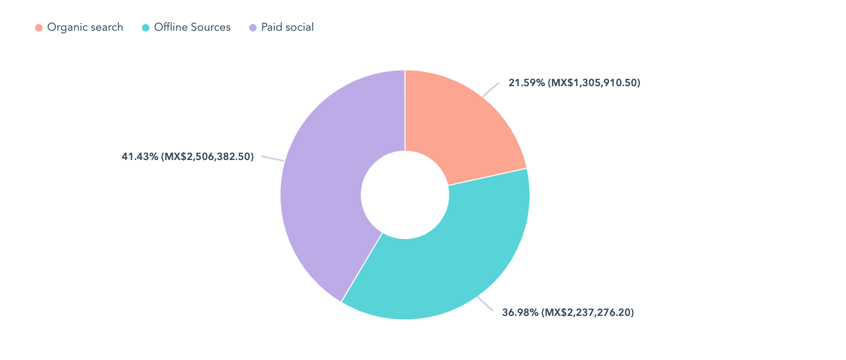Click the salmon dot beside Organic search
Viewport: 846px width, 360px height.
(39, 28)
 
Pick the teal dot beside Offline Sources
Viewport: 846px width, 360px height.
(146, 28)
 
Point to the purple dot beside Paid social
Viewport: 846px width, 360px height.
(253, 28)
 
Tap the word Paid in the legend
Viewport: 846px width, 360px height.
(271, 28)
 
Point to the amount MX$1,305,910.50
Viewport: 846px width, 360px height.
(594, 83)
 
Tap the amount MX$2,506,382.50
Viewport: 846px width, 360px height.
(207, 156)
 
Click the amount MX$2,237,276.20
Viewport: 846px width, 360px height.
(588, 312)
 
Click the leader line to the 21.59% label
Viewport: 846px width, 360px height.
(491, 89)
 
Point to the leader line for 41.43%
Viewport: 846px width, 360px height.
(273, 158)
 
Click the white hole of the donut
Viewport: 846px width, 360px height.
(405, 195)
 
